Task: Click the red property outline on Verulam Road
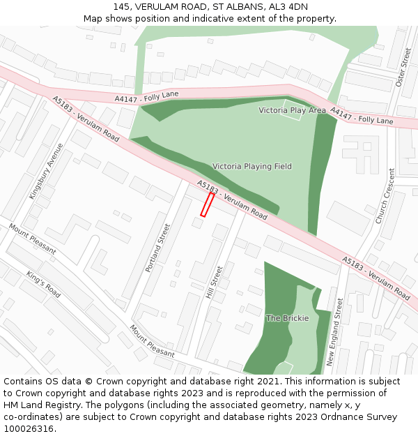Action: (x=207, y=204)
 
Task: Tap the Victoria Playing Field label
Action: (x=251, y=166)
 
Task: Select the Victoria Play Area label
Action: (x=292, y=110)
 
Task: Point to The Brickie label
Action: (x=287, y=318)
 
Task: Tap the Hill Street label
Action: (x=215, y=282)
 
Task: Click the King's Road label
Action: (x=43, y=285)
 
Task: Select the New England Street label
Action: (x=336, y=333)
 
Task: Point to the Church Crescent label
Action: (x=385, y=196)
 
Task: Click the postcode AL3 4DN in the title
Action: (x=288, y=6)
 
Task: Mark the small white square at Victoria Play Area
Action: (x=292, y=110)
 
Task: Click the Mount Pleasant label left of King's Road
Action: (x=32, y=239)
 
